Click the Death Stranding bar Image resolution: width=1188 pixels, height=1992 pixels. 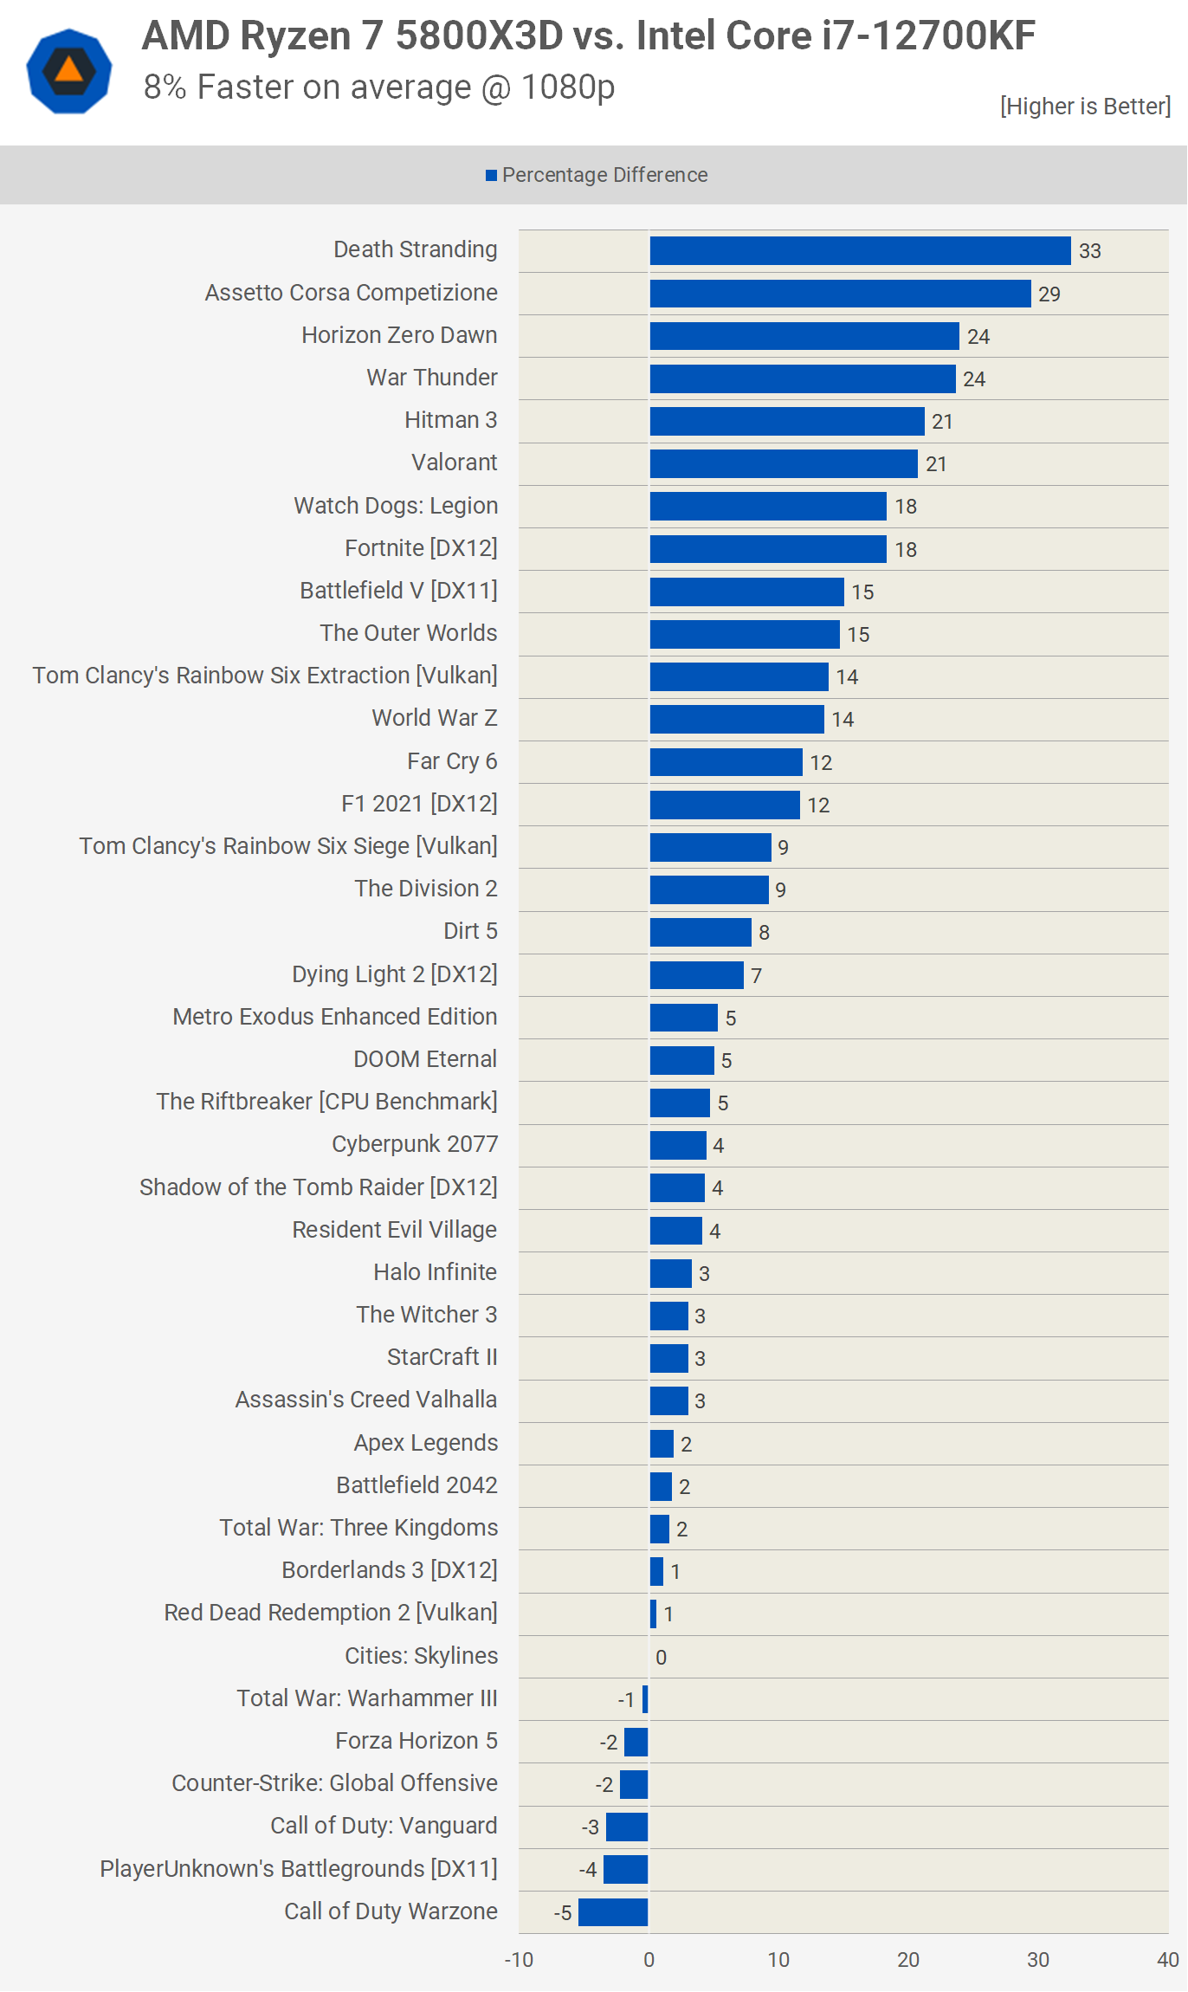click(x=860, y=250)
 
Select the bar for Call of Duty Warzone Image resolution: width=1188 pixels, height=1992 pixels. click(x=613, y=1911)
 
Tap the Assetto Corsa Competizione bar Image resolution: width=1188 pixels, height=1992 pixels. click(x=840, y=294)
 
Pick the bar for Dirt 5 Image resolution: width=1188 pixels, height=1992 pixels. click(x=701, y=932)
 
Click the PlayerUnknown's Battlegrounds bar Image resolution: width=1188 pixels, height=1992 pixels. click(x=625, y=1869)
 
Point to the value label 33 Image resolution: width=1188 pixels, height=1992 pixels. click(x=1089, y=251)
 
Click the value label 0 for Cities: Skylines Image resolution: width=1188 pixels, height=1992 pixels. click(x=661, y=1657)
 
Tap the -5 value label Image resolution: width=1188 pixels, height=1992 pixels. click(x=563, y=1912)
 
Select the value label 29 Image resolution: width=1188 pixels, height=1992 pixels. click(x=1049, y=294)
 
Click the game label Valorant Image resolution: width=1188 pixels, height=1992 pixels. click(x=454, y=462)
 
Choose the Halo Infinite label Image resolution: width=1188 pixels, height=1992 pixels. click(x=435, y=1271)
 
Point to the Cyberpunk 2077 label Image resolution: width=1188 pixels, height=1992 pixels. click(x=415, y=1144)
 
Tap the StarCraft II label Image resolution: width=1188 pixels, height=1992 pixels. click(x=442, y=1357)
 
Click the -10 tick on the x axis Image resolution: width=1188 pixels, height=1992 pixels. click(x=519, y=1960)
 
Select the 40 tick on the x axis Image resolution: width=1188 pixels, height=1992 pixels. click(x=1167, y=1960)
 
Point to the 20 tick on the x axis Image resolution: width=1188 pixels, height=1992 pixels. click(x=907, y=1960)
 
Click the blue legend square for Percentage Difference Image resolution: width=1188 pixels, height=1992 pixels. click(x=491, y=176)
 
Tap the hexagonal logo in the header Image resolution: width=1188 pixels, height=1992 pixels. click(x=69, y=71)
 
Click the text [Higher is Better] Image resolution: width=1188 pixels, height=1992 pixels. click(x=1084, y=106)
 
